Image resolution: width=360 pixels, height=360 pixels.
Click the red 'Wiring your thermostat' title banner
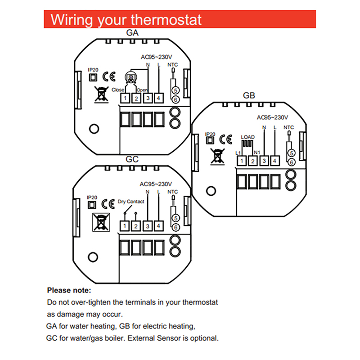click(180, 20)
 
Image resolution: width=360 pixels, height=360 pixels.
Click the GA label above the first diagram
click(132, 33)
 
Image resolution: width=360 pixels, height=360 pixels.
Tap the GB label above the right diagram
click(249, 95)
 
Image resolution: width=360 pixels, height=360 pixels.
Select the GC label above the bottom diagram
click(132, 159)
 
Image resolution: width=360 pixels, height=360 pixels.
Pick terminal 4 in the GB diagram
click(275, 161)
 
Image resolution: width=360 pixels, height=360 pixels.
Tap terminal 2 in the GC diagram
click(135, 226)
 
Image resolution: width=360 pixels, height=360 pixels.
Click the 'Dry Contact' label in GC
click(131, 202)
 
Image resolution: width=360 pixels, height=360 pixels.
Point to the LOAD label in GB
click(247, 137)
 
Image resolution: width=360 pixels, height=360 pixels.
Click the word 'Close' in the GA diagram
click(118, 90)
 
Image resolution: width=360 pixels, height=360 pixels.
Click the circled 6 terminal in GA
click(176, 99)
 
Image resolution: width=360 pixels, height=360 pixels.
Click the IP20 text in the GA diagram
click(92, 70)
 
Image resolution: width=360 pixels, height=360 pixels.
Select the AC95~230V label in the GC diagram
click(156, 184)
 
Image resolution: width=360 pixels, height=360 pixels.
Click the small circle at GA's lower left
click(94, 129)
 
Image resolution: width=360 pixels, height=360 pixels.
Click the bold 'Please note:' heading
click(69, 290)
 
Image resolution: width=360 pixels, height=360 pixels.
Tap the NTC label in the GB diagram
click(289, 127)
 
